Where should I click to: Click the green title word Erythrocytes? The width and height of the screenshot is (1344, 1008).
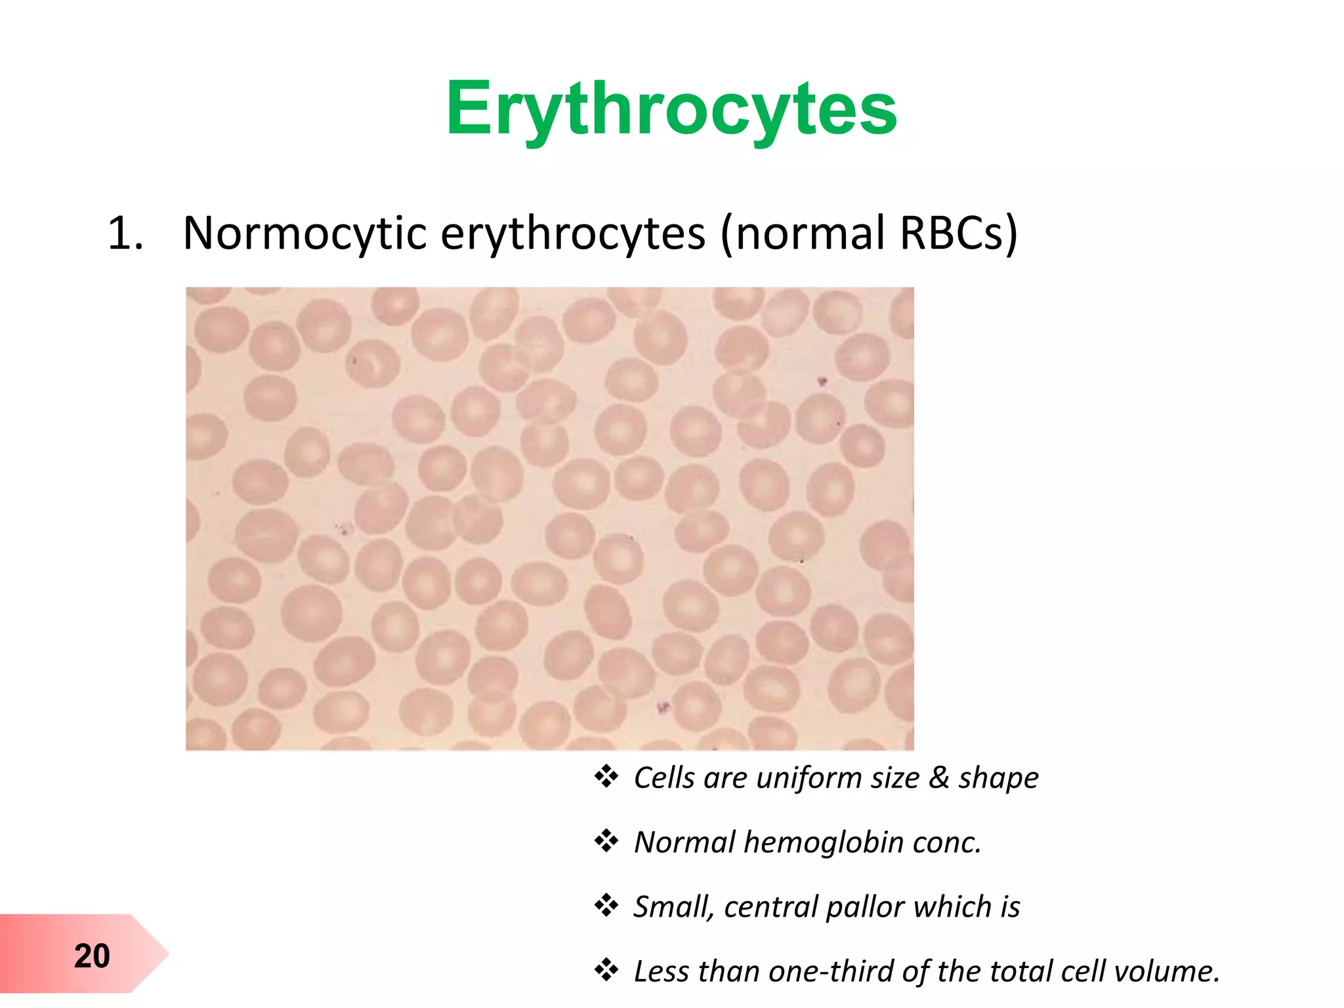[671, 109]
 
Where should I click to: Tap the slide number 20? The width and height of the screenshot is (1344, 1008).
[92, 956]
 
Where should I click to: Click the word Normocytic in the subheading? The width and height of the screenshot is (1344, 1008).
[304, 233]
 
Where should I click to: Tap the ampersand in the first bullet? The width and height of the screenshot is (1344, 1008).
[938, 778]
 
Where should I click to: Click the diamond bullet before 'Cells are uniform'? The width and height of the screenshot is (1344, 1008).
[606, 777]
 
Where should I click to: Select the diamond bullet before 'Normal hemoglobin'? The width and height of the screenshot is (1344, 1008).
[606, 841]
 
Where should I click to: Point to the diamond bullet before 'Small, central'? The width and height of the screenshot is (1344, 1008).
[606, 906]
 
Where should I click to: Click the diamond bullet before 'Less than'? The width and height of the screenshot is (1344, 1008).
[606, 970]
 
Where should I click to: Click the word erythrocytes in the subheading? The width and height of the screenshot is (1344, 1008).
[572, 233]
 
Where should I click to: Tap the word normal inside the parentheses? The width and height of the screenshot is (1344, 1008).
[811, 233]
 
